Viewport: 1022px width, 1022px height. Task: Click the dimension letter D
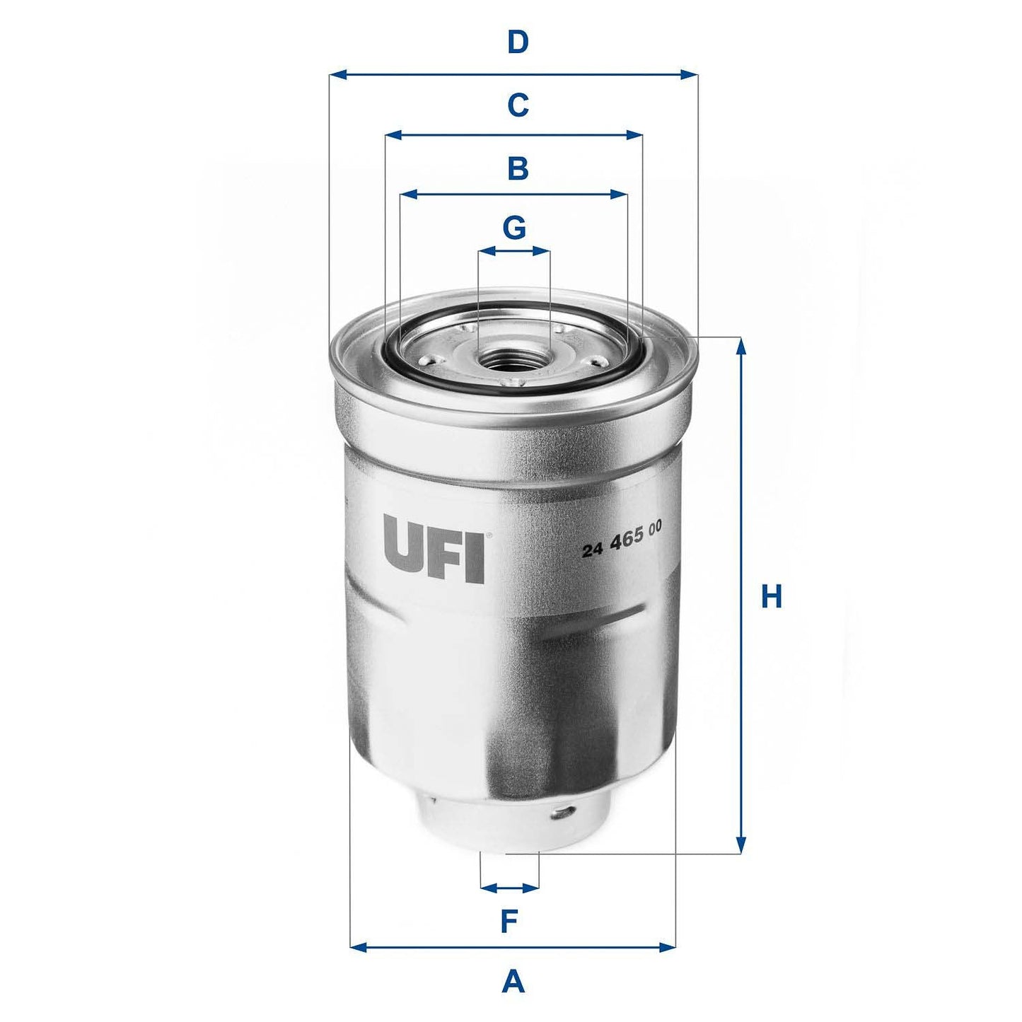click(518, 43)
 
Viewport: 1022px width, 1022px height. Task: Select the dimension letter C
click(518, 106)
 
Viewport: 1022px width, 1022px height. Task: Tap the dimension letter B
click(518, 170)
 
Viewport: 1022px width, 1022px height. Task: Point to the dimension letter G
click(514, 228)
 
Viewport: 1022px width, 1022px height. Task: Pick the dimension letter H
click(771, 597)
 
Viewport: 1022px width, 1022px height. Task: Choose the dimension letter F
click(509, 922)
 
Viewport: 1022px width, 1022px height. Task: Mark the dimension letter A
click(513, 982)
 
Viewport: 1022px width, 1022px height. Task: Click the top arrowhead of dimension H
click(741, 345)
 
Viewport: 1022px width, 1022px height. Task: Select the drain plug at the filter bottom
click(512, 824)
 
